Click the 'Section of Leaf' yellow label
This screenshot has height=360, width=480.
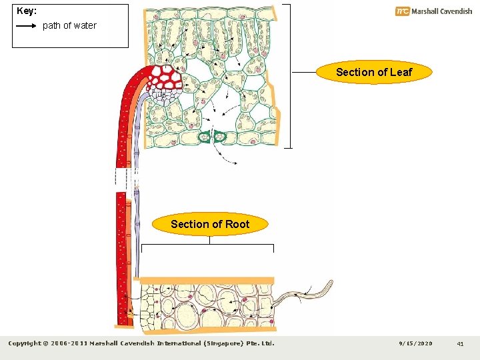tap(374, 72)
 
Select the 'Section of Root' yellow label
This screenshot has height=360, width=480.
tap(210, 224)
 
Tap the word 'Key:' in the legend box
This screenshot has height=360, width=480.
tap(27, 11)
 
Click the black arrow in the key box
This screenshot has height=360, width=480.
tap(26, 25)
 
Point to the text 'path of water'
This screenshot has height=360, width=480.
tap(69, 25)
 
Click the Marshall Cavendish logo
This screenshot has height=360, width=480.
tap(433, 11)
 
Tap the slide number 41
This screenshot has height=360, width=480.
tap(460, 344)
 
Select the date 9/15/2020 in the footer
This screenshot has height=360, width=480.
tap(415, 344)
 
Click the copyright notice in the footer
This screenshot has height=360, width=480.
tap(141, 344)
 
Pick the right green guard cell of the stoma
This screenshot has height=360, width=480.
tap(221, 137)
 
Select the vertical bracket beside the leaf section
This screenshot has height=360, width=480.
tap(289, 75)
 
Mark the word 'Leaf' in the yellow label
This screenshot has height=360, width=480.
tap(400, 72)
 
